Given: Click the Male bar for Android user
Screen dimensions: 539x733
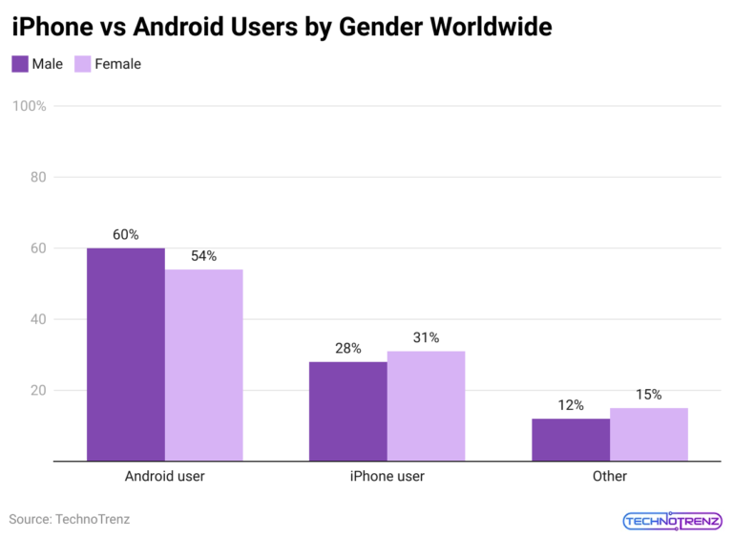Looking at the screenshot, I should coord(125,355).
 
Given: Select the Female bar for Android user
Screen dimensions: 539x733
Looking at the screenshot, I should coord(203,365).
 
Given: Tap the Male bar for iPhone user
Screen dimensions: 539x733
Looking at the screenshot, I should coord(347,411).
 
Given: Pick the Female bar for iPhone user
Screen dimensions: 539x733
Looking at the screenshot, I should coord(426,406).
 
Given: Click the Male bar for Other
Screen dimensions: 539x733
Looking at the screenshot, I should coord(571,440).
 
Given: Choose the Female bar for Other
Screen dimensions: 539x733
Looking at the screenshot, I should coord(649,435).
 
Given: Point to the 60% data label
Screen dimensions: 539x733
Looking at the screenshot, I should coord(125,234).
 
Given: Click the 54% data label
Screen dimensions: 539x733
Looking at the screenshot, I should coord(203,256).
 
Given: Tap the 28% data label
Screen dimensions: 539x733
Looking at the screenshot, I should coord(347,349).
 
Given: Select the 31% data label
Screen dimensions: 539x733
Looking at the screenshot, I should coord(426,337).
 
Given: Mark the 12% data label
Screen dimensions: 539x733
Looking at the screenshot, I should coord(571,405).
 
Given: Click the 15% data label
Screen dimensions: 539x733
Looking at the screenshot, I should coord(649,395).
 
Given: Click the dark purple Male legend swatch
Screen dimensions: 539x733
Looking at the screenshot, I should coord(20,64).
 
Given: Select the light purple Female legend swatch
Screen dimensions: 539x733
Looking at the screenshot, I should coord(83,64).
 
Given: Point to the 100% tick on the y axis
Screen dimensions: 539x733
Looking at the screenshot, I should coord(30,106).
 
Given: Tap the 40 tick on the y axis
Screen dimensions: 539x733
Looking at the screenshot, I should coord(37,319).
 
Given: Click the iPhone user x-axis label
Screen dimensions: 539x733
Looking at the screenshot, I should coord(387,476).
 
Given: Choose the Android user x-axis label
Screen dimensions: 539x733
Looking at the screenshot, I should coord(164,476).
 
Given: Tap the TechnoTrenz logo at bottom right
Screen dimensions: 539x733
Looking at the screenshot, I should coord(673,521).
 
